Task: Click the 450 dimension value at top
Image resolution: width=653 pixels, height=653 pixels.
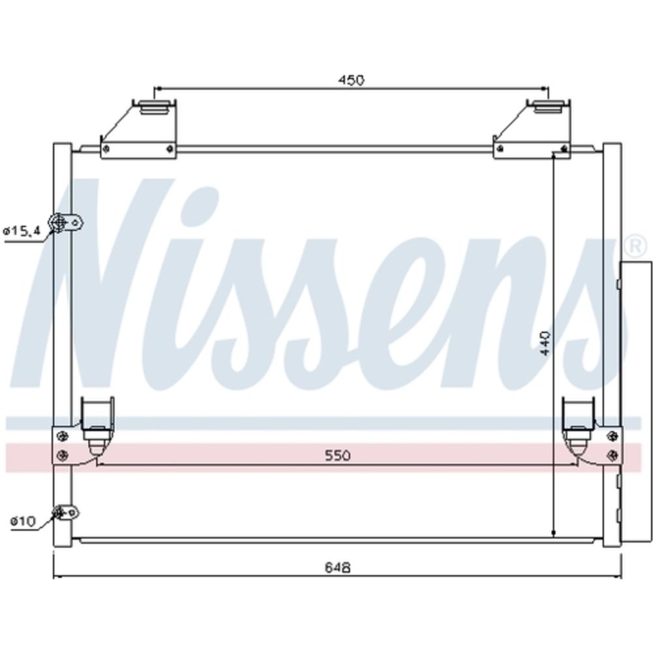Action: pyautogui.click(x=351, y=80)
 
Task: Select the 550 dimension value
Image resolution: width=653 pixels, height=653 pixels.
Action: pyautogui.click(x=338, y=455)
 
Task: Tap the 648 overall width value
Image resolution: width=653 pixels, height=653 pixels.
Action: pyautogui.click(x=338, y=567)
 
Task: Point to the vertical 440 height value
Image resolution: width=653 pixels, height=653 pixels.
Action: pyautogui.click(x=545, y=343)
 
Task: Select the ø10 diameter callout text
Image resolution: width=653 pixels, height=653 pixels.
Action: pyautogui.click(x=24, y=520)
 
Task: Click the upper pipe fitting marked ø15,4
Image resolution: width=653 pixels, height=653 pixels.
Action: pyautogui.click(x=66, y=223)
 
